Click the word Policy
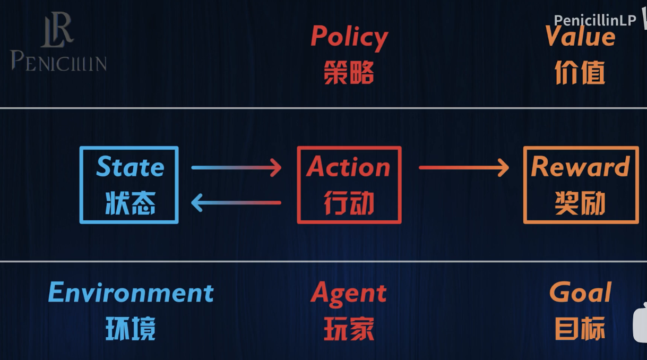pos(349,37)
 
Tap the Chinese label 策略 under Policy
pos(349,72)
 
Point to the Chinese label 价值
pos(580,72)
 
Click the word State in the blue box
pos(130,167)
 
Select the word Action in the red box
pos(349,167)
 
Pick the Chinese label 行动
pos(349,203)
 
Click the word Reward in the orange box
pos(580,167)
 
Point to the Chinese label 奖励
pos(580,203)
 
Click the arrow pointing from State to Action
pos(236,168)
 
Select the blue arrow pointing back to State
pos(236,202)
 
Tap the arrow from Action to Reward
pos(463,168)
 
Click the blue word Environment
pos(131,293)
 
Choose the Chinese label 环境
pos(131,329)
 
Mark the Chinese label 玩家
pos(349,329)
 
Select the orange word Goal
pos(580,293)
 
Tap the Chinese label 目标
pos(580,329)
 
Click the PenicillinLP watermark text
pos(594,20)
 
